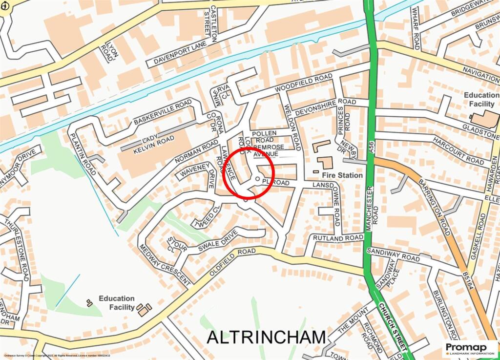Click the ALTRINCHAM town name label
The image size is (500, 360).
[266, 337]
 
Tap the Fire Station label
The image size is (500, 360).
[342, 175]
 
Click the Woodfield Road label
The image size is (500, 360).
[303, 83]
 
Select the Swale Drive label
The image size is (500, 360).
[214, 242]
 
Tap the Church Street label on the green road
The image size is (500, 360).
[393, 326]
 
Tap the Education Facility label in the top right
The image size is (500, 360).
[481, 100]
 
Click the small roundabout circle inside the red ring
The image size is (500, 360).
[257, 178]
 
